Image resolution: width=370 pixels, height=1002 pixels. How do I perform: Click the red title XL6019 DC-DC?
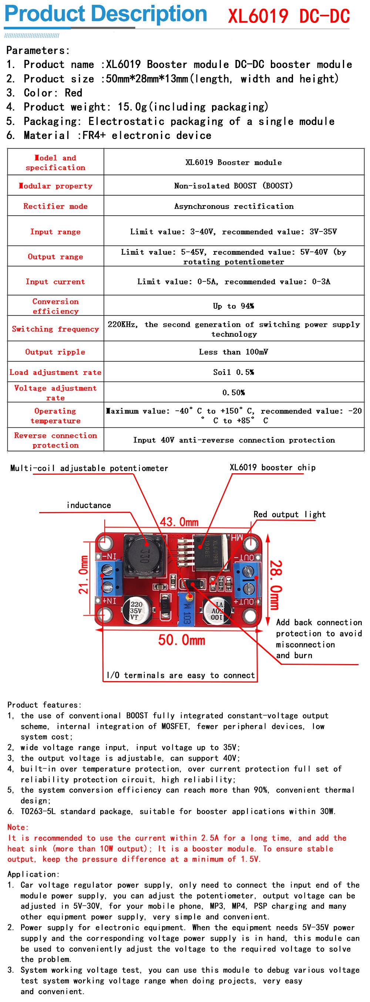[288, 16]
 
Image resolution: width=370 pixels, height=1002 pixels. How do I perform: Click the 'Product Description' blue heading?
[105, 14]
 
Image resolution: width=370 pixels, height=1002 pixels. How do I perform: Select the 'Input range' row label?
[55, 232]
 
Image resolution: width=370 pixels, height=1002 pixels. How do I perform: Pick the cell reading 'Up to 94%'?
[233, 306]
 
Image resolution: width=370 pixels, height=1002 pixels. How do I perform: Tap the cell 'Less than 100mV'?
[233, 352]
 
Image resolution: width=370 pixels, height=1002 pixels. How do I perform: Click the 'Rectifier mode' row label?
[55, 207]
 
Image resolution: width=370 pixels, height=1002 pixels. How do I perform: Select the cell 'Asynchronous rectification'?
[233, 207]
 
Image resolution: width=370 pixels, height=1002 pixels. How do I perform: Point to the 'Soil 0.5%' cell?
[233, 372]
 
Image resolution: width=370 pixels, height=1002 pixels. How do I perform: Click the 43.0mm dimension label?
[179, 522]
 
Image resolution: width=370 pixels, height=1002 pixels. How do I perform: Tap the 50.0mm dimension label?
[181, 640]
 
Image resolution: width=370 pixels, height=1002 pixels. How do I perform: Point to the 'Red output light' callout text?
[289, 514]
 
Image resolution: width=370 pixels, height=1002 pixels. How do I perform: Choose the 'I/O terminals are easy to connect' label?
[181, 675]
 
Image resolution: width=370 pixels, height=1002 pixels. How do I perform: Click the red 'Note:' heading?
[18, 827]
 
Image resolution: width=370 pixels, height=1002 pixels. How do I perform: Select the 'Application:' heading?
[33, 874]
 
